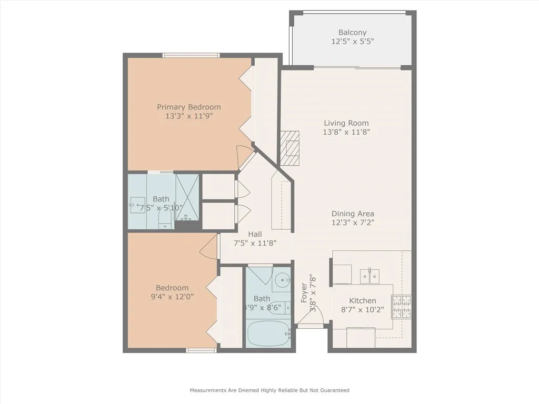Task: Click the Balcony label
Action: (x=352, y=33)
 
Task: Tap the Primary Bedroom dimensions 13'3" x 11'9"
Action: (x=189, y=116)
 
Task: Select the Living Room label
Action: (x=346, y=123)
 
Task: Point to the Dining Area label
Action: (x=353, y=214)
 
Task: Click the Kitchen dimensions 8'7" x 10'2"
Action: (x=363, y=310)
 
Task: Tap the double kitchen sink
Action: (x=370, y=276)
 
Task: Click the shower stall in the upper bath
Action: (x=187, y=197)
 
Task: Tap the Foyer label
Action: (x=304, y=293)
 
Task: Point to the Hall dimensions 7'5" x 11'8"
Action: (x=255, y=243)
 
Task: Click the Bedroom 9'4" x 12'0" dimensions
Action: (x=172, y=296)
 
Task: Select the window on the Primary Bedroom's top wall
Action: (x=191, y=55)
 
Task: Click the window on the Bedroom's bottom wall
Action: (x=201, y=350)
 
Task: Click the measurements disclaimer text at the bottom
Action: (x=269, y=390)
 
